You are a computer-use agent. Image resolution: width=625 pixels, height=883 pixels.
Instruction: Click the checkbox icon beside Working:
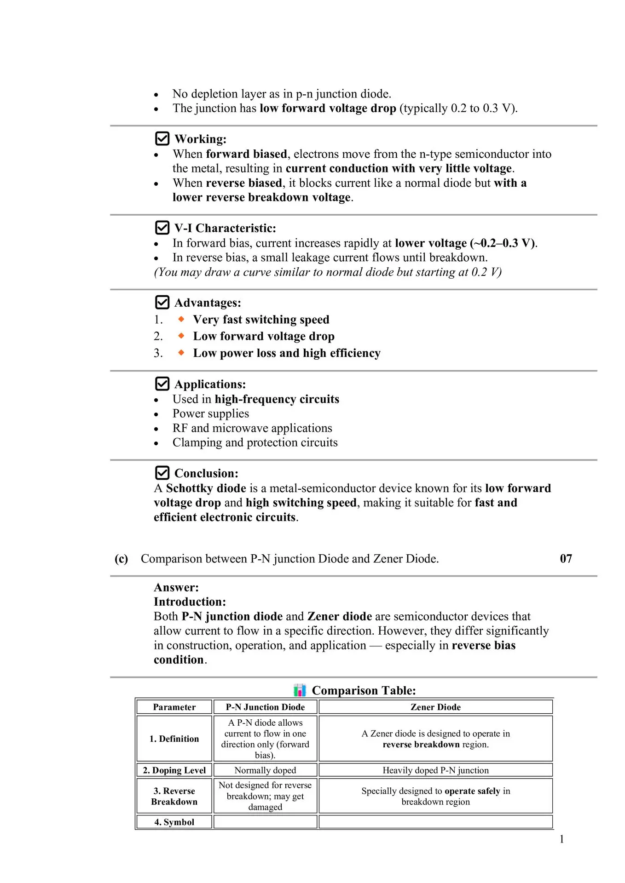click(162, 138)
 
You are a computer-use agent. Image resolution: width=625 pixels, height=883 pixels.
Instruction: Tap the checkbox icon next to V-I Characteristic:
click(162, 228)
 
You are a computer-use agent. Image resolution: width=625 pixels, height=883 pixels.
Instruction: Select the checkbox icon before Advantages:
click(162, 302)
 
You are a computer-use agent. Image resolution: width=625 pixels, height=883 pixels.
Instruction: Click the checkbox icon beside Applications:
click(162, 384)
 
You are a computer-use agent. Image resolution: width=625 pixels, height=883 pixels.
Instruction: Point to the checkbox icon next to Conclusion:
click(162, 473)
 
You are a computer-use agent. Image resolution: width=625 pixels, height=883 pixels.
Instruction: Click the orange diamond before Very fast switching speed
click(181, 319)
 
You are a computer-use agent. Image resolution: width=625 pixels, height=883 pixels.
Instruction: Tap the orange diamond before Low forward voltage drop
click(181, 336)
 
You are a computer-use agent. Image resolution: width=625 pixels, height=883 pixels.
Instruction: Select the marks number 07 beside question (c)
click(566, 558)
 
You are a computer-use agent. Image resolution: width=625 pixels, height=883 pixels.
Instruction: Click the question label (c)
click(121, 558)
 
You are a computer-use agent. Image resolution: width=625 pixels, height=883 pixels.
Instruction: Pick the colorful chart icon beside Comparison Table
click(300, 690)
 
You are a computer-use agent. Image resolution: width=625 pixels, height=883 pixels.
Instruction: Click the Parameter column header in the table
click(174, 707)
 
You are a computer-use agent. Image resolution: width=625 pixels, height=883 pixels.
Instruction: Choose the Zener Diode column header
click(435, 707)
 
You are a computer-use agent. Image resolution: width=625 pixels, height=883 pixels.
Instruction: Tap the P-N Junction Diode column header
click(265, 707)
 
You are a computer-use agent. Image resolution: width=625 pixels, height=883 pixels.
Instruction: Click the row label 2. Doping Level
click(174, 770)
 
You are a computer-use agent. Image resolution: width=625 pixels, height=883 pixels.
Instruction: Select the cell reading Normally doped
click(265, 770)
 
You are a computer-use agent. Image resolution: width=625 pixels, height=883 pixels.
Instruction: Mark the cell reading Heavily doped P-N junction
click(435, 770)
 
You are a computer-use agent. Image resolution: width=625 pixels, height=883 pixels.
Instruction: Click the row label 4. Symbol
click(174, 822)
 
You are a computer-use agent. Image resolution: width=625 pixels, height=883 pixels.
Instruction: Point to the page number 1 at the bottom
click(561, 839)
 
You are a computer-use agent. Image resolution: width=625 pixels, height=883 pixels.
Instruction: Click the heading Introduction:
click(190, 602)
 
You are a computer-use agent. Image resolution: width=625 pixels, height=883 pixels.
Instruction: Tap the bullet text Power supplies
click(211, 413)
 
